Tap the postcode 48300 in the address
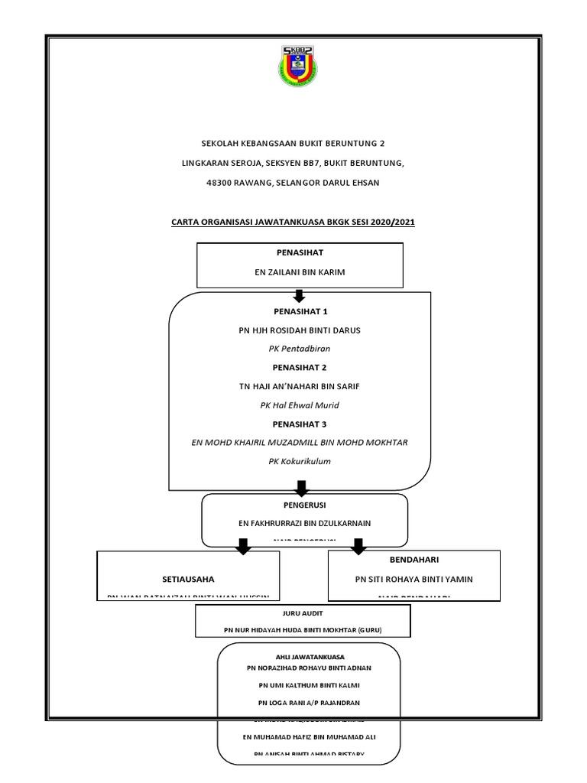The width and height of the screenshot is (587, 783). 222,183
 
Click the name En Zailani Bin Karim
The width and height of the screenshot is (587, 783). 300,271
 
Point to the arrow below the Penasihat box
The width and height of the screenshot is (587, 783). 300,296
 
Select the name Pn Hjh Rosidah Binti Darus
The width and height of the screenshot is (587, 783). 300,330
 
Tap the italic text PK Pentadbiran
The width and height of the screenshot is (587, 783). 300,349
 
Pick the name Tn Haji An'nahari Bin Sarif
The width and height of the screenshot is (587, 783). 300,386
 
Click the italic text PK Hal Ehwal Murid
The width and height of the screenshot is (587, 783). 300,404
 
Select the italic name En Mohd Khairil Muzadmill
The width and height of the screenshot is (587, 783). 300,442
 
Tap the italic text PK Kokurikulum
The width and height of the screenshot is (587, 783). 300,461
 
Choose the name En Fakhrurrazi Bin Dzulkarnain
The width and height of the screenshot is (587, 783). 304,524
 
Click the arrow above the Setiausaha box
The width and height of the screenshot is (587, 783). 243,546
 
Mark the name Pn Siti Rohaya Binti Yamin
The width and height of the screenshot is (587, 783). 414,580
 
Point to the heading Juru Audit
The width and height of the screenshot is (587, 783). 303,613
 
